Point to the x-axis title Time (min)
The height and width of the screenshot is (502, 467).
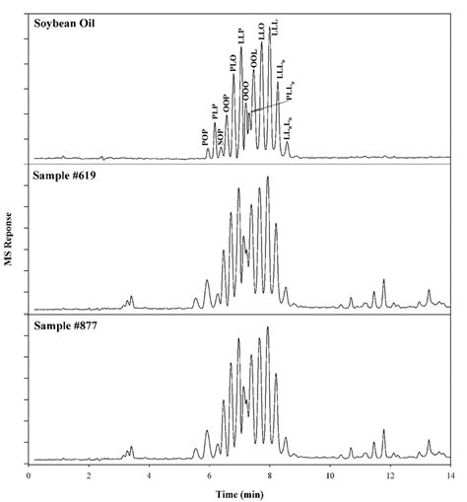[x=239, y=491]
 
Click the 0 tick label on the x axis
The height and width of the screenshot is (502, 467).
[x=29, y=474]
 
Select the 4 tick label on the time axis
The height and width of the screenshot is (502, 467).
[x=149, y=474]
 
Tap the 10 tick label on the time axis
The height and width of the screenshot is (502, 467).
[x=329, y=474]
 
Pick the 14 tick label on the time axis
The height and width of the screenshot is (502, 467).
[x=449, y=474]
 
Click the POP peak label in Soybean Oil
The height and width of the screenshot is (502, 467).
[x=205, y=138]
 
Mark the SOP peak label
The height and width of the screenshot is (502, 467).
[x=220, y=135]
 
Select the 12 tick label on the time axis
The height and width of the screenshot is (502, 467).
[x=389, y=474]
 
